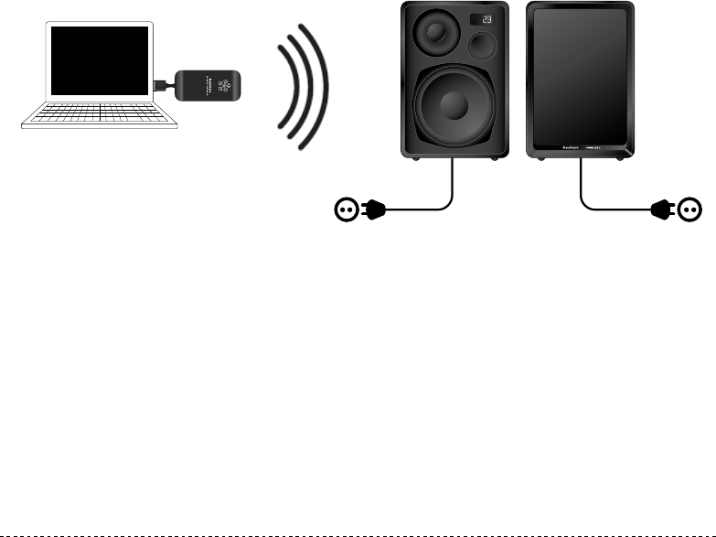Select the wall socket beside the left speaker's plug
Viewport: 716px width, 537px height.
(x=346, y=210)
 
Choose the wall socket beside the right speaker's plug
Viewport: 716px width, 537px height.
(x=690, y=210)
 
